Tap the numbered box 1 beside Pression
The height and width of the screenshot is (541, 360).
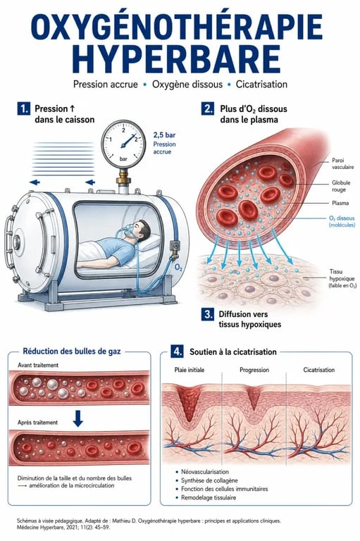click(x=23, y=109)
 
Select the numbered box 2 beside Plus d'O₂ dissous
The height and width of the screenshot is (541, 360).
click(x=208, y=109)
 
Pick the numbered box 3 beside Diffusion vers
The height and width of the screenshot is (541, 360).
click(x=208, y=314)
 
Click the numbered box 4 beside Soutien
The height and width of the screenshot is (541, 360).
click(x=178, y=352)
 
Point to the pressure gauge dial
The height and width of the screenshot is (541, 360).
click(x=123, y=144)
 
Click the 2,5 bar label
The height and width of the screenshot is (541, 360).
click(x=164, y=135)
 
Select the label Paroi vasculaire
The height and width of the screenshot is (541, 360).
click(x=343, y=163)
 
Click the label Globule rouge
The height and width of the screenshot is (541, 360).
click(x=341, y=186)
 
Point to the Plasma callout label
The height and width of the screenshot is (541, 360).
click(x=340, y=203)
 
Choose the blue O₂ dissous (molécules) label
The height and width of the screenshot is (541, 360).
click(x=342, y=221)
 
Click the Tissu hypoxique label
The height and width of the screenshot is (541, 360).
click(x=342, y=278)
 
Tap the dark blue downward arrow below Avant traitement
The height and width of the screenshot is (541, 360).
click(x=78, y=418)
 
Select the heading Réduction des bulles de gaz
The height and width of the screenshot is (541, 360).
click(x=72, y=352)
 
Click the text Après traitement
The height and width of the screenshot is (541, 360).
click(x=37, y=423)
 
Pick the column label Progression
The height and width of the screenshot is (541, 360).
click(x=254, y=370)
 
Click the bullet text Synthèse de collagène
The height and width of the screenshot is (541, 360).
click(x=209, y=480)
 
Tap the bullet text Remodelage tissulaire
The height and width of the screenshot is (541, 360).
click(x=209, y=497)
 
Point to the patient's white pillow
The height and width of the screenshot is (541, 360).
click(x=149, y=244)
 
